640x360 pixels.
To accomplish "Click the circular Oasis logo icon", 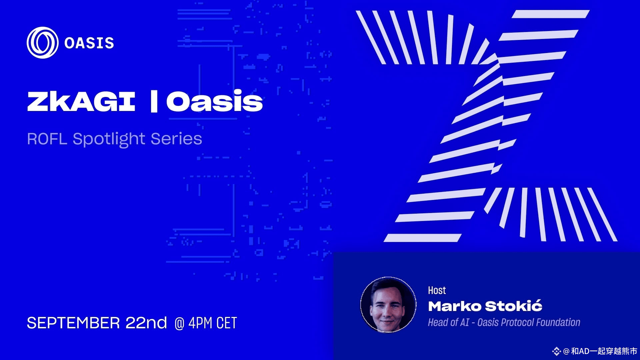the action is [x=42, y=43].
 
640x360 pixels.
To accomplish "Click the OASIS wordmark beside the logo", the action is [x=89, y=43].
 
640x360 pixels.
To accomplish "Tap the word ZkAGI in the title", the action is [x=81, y=101].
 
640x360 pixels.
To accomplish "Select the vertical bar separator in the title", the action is [x=154, y=101].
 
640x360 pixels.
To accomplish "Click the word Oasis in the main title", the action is [x=214, y=100].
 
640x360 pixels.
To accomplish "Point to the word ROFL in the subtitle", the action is [x=47, y=139].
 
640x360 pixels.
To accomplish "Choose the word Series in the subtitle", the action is [x=176, y=139].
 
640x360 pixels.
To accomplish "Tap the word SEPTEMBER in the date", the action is [x=73, y=323].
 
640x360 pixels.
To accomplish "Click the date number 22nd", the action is [x=146, y=323].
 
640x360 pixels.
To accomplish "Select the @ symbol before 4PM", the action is [x=179, y=323].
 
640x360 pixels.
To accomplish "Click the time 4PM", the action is [x=200, y=323].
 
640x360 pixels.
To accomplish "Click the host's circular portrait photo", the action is [x=388, y=305].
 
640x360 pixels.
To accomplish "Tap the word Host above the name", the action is [x=437, y=290].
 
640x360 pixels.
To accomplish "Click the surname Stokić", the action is [x=513, y=306].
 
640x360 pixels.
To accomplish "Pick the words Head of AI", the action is [x=448, y=322].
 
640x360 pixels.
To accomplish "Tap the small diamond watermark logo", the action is [x=556, y=351].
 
